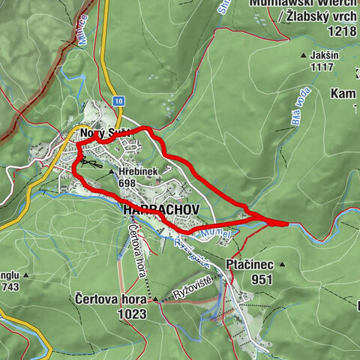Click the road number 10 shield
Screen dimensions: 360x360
coord(118,100)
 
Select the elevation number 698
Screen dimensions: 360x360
coord(126,183)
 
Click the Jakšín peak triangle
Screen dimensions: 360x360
coord(304,55)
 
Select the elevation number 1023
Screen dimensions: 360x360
coord(132,314)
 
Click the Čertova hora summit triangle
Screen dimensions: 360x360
coord(155,300)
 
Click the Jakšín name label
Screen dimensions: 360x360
coord(327,55)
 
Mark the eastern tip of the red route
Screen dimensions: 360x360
coord(286,223)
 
